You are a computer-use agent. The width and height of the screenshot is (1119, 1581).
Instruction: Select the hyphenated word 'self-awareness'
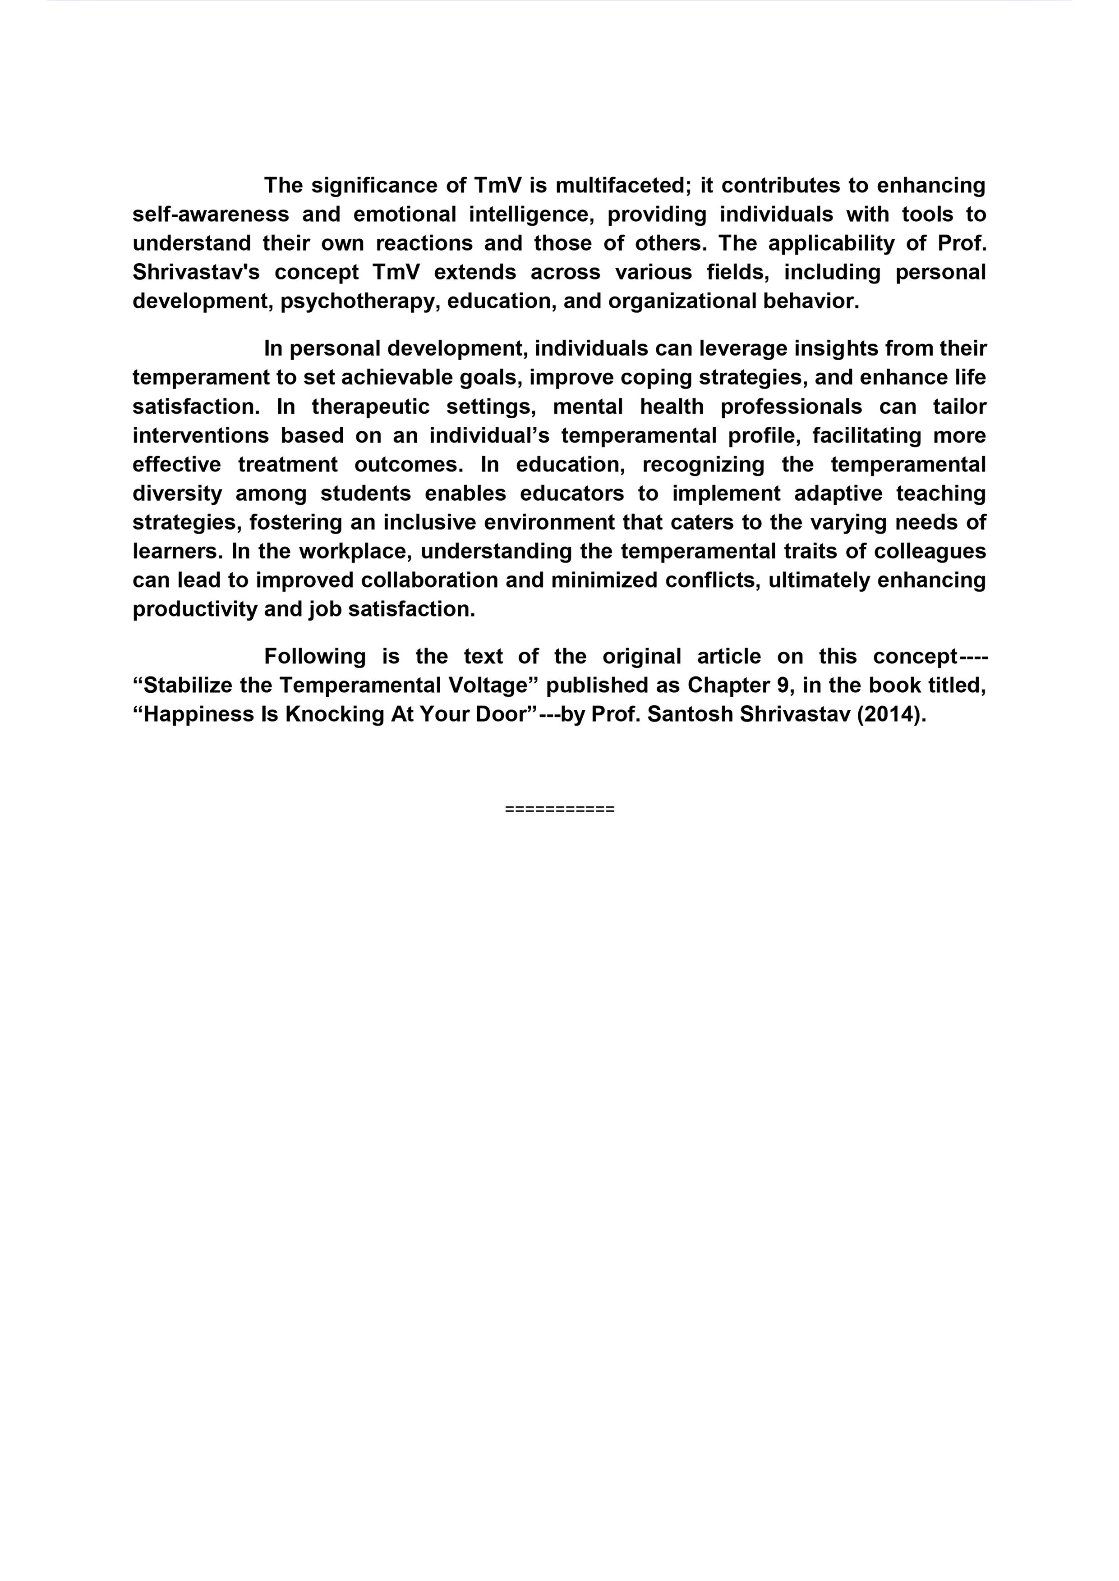click(210, 215)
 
